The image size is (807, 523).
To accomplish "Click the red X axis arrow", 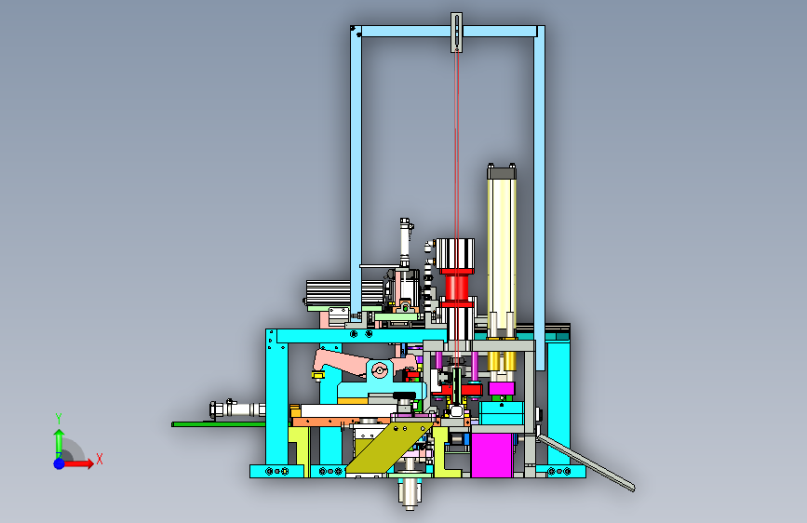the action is pos(78,463).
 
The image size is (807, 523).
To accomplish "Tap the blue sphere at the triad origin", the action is pos(60,463).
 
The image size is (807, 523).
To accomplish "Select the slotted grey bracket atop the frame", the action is pos(456,33).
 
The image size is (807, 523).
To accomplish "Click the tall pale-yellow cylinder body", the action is pos(502,252).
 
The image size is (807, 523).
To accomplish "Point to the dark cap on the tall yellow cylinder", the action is pos(502,172).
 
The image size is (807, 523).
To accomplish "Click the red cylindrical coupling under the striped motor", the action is pos(456,288).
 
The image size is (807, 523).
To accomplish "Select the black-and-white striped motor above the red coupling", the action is pos(455,253).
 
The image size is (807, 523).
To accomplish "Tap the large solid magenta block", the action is pos(492,454).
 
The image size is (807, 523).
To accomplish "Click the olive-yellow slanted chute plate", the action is pos(390,448).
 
